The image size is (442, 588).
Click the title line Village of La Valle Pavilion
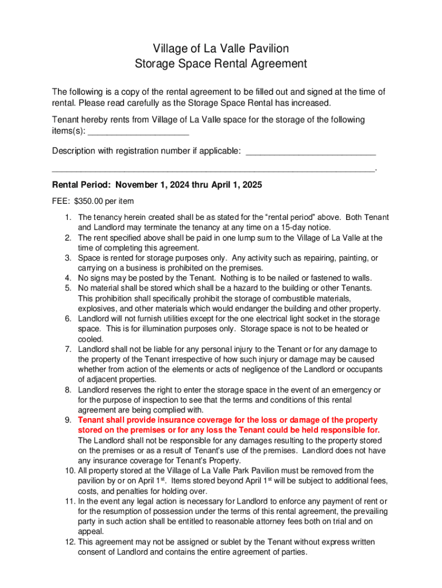click(221, 48)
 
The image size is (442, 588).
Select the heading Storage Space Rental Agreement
click(221, 64)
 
